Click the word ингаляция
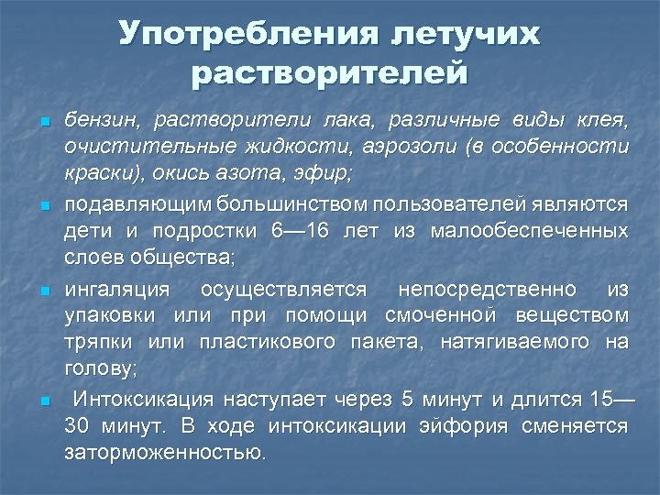[117, 290]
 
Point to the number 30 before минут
[77, 426]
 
